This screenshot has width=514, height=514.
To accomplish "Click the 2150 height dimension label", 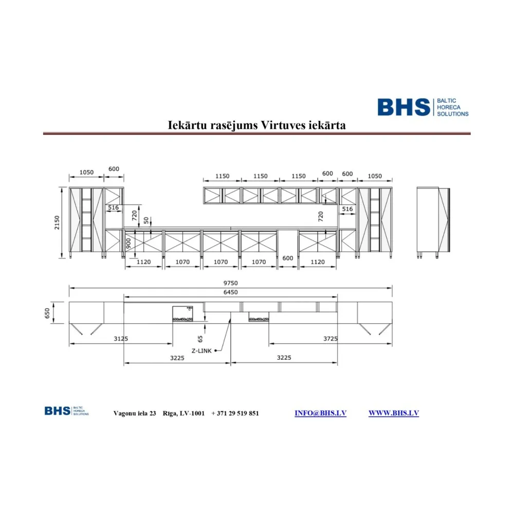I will click(x=58, y=223).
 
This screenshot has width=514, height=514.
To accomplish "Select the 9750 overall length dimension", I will click(x=231, y=283).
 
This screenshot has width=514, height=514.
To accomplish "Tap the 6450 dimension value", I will click(x=231, y=292).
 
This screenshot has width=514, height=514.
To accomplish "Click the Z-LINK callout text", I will click(x=202, y=351).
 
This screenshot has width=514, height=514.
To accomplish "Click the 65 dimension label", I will click(x=200, y=338).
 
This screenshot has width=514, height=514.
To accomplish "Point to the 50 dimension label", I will click(x=146, y=220).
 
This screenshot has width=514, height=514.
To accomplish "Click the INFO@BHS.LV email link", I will click(x=320, y=413).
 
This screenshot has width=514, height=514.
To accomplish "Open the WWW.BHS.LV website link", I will click(x=393, y=413).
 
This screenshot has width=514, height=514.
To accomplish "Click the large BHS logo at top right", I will click(x=423, y=107).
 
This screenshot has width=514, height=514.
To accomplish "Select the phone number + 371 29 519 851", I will click(x=235, y=414).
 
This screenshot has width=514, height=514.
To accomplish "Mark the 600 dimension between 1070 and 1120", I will click(x=288, y=258).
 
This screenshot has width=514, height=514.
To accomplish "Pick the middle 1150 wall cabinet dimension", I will click(x=261, y=176).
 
